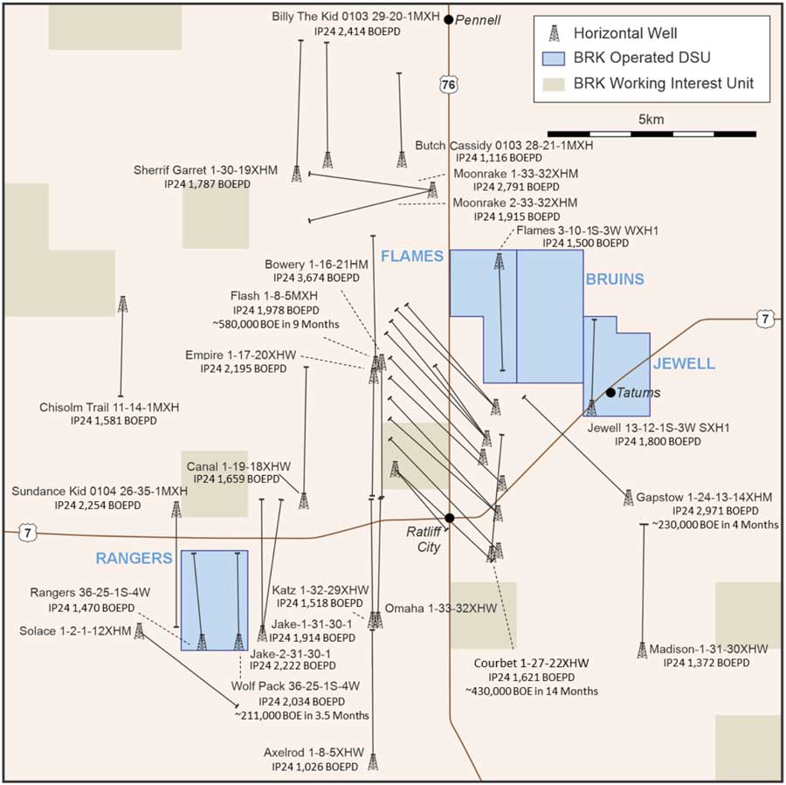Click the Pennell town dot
pos(449,18)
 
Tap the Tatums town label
pos(639,393)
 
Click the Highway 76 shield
pos(448,84)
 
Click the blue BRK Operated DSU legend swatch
pos(553,59)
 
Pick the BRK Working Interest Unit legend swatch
pos(553,85)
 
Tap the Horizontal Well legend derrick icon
pos(553,34)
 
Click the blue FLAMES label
pos(412,256)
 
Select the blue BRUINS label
pos(614,279)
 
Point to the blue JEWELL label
pos(684,363)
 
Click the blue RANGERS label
pos(133,558)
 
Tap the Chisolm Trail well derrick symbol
pos(122,304)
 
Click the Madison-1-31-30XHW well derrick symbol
pos(642,650)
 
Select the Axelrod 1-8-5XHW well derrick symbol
pos(373,761)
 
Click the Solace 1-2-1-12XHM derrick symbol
pos(139,630)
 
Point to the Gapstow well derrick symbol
pos(628,497)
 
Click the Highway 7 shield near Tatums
pos(765,319)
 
